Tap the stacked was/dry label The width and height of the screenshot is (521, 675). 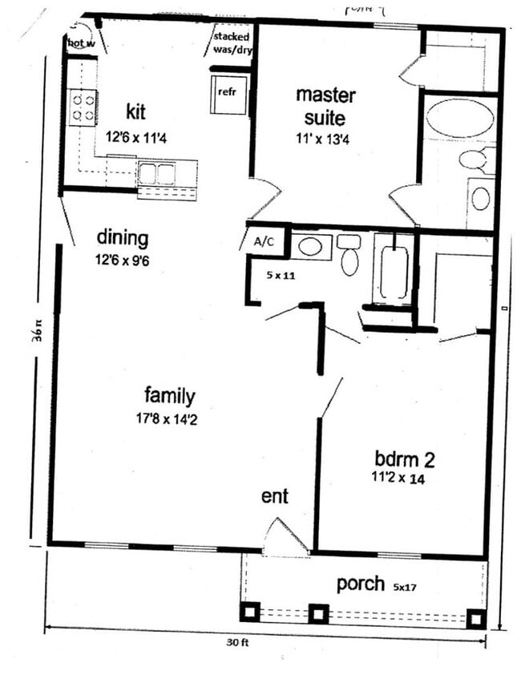point(232,42)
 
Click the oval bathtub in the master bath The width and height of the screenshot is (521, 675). point(459,119)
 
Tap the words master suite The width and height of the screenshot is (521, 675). point(325,107)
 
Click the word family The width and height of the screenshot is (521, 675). point(170,395)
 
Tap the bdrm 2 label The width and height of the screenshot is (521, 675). point(405,459)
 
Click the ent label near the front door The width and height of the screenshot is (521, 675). point(274,496)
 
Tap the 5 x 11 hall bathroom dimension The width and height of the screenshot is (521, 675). point(281,274)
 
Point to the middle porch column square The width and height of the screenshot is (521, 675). point(318,613)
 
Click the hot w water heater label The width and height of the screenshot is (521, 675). point(81,43)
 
